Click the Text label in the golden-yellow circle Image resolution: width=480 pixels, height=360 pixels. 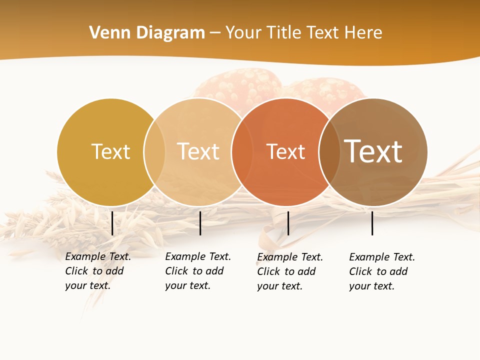[110, 151]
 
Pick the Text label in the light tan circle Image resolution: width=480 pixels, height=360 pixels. [198, 151]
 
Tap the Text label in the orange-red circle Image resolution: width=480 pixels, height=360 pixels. [285, 151]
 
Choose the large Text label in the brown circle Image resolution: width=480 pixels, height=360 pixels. [373, 151]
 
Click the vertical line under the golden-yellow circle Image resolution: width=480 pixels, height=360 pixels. [112, 223]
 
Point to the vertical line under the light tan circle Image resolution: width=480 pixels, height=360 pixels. [200, 223]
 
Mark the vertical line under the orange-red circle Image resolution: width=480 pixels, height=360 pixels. [288, 223]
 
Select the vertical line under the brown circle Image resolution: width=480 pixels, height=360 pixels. [372, 223]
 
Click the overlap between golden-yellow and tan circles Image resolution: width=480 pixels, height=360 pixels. [154, 151]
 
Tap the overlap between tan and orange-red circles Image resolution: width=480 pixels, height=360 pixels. [241, 151]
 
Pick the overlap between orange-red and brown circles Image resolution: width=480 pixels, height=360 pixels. [328, 151]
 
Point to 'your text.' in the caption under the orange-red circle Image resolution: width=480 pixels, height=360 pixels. [279, 286]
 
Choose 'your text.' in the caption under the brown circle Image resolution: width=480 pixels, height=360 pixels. [371, 286]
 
